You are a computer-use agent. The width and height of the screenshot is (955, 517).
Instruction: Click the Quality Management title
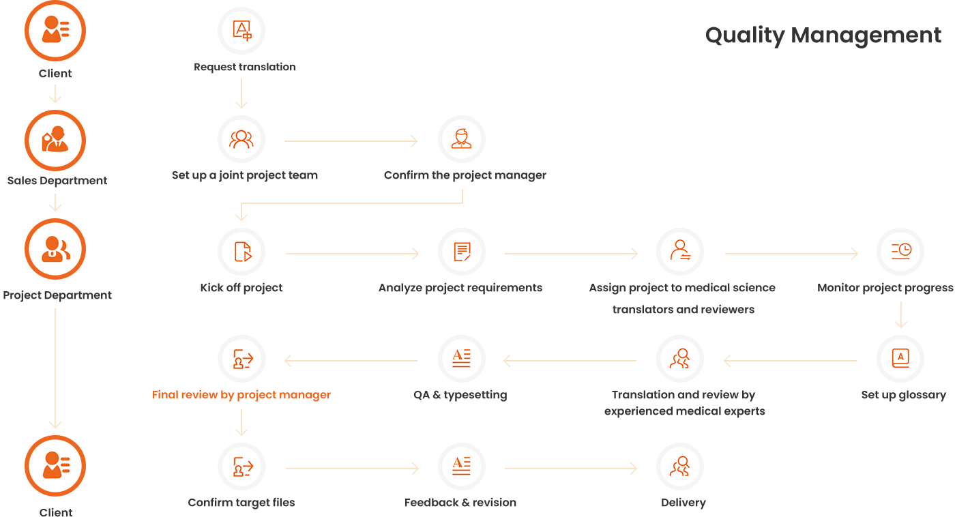pyautogui.click(x=823, y=35)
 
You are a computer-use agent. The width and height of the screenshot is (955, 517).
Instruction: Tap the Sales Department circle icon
pyautogui.click(x=55, y=141)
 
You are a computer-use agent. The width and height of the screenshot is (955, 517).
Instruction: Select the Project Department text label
pyautogui.click(x=57, y=295)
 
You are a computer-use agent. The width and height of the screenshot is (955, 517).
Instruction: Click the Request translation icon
pyautogui.click(x=241, y=31)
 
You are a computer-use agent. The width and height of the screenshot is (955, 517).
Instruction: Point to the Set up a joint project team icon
pyautogui.click(x=241, y=140)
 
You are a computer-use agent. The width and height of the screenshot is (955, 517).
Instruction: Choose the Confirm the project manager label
pyautogui.click(x=465, y=175)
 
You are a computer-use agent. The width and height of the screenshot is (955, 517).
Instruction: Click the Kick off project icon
pyautogui.click(x=241, y=252)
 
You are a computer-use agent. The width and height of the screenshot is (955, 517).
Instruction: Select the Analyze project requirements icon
pyautogui.click(x=462, y=252)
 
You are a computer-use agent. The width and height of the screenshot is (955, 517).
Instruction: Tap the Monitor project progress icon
pyautogui.click(x=900, y=252)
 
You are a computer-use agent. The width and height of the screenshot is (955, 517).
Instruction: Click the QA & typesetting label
pyautogui.click(x=460, y=395)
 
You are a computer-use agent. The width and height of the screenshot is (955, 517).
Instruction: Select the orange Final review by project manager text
pyautogui.click(x=241, y=395)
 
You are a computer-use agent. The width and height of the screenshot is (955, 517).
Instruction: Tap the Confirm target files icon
pyautogui.click(x=241, y=467)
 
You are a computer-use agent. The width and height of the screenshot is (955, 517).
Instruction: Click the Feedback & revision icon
pyautogui.click(x=462, y=467)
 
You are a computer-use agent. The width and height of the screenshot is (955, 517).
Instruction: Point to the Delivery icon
pyautogui.click(x=680, y=467)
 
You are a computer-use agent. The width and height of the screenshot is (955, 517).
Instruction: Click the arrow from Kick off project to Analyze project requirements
pyautogui.click(x=351, y=254)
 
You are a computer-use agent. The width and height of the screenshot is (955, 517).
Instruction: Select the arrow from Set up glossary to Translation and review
pyautogui.click(x=791, y=360)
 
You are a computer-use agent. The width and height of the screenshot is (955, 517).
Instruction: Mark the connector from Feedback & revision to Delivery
pyautogui.click(x=570, y=469)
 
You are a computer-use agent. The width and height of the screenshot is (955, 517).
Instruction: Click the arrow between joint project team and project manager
pyautogui.click(x=350, y=141)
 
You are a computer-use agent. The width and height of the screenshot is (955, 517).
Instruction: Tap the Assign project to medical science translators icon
pyautogui.click(x=680, y=252)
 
